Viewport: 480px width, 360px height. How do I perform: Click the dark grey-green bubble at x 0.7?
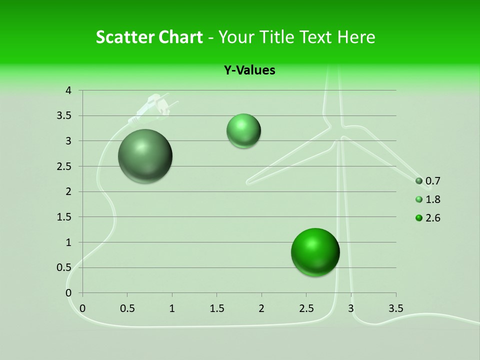pos(145,156)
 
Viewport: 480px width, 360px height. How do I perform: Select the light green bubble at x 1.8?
pos(243,130)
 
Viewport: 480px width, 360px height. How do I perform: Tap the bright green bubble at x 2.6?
pos(315,252)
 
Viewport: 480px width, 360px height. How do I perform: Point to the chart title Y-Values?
pos(249,70)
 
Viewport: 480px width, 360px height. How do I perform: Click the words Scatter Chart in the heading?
pos(149,37)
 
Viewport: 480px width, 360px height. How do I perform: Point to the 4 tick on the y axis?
pos(69,90)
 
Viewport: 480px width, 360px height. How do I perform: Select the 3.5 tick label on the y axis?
pos(65,116)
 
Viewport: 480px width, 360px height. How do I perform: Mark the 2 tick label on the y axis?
pos(69,191)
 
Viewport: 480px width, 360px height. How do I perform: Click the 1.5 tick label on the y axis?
pos(65,217)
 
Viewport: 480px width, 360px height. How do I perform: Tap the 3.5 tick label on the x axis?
pos(395,308)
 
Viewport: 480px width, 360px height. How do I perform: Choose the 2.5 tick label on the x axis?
pos(306,308)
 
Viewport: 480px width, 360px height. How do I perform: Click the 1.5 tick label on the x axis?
pos(216,308)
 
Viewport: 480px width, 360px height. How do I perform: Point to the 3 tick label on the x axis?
pos(351,308)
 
